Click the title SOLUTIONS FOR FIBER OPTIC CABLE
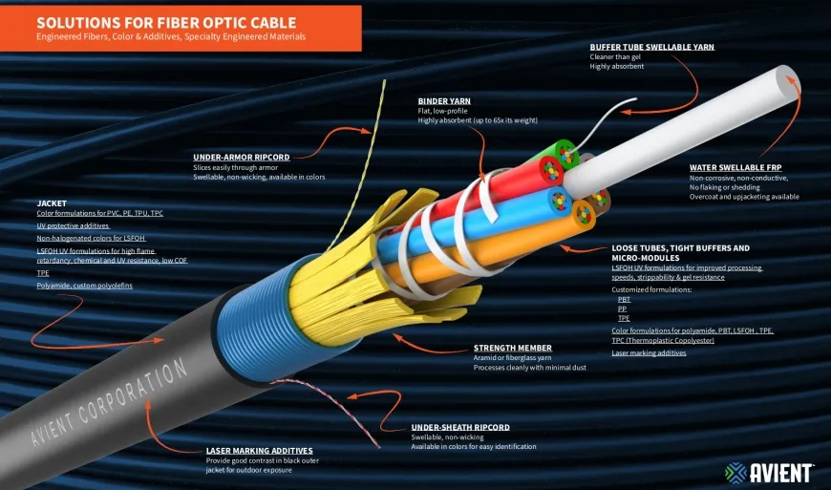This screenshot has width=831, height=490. coord(166,22)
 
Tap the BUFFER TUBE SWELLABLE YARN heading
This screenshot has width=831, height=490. coord(651,47)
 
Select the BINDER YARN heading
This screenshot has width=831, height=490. coord(445,100)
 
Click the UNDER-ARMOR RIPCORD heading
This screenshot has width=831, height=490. coord(241,157)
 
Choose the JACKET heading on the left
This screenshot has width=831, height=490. coord(52,202)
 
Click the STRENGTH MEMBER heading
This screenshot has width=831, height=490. coord(513,348)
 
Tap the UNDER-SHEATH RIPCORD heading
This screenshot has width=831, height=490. coord(460,427)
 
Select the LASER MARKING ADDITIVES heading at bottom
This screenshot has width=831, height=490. coord(259,450)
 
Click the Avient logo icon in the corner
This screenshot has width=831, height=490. coord(735,472)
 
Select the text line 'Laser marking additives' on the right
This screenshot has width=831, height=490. coord(649,352)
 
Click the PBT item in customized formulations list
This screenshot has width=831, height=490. coord(624,299)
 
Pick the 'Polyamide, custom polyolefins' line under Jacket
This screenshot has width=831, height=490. coord(84,285)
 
